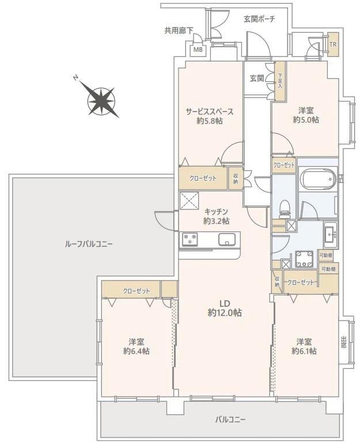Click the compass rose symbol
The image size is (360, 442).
pos(101,100)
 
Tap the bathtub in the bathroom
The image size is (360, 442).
pos(318,179)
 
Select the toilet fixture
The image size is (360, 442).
pos(285,209)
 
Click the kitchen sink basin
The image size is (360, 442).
pos(227,239)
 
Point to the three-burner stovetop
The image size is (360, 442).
pos(190,239)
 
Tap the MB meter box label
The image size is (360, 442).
pos(198,50)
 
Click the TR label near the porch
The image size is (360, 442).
pos(333,44)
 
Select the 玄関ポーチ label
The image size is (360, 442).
pos(259,19)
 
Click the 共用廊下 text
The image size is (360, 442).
pos(179,31)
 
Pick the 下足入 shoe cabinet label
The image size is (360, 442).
pos(280,81)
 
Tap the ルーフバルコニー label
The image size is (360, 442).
pos(89,243)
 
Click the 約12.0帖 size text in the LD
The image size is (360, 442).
pos(225,313)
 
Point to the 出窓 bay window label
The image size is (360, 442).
pos(343,342)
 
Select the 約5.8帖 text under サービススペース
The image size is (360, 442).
pos(210,121)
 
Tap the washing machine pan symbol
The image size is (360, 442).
pos(304,259)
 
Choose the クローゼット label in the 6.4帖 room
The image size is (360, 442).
pos(137,291)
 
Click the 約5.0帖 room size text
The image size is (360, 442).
pos(306,120)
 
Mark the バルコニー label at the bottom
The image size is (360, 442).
pos(230,420)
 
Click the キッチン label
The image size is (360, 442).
pos(217,211)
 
